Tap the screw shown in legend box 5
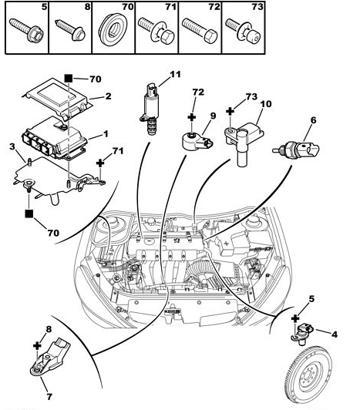[x=26, y=30]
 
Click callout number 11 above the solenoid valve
[x=175, y=75]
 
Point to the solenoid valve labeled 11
[x=150, y=109]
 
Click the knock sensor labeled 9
[x=197, y=142]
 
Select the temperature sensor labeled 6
[x=296, y=150]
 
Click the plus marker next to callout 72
[x=192, y=117]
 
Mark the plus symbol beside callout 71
[x=100, y=163]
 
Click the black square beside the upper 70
[x=69, y=79]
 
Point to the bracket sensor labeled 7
[x=50, y=357]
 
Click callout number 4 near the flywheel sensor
[x=335, y=334]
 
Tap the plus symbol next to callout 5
[x=295, y=318]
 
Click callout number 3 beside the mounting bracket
[x=12, y=146]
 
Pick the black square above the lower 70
[x=29, y=213]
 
